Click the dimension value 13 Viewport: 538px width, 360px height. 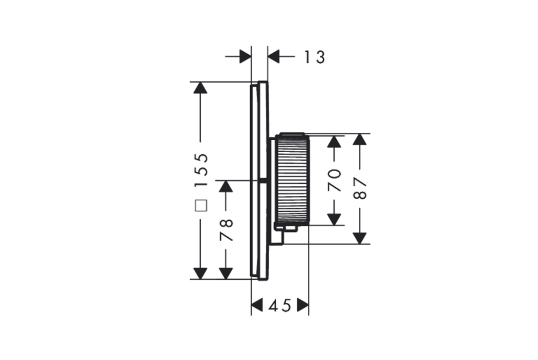[314, 57]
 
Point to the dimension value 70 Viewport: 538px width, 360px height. [335, 180]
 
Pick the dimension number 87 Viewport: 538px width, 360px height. [360, 189]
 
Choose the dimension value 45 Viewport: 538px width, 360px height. [280, 305]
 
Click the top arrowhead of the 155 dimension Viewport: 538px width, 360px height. [200, 88]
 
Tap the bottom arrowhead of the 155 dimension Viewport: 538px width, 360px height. [200, 273]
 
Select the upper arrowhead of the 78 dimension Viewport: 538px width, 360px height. [226, 186]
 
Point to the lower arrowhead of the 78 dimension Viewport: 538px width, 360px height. [226, 273]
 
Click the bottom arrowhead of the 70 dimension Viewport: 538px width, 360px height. [335, 219]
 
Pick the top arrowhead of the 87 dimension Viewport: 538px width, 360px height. [360, 140]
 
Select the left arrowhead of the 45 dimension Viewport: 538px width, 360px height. [257, 305]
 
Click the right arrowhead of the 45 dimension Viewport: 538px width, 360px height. [302, 305]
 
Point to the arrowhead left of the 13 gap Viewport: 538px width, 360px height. [245, 57]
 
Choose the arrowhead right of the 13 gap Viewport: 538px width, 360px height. [274, 57]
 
